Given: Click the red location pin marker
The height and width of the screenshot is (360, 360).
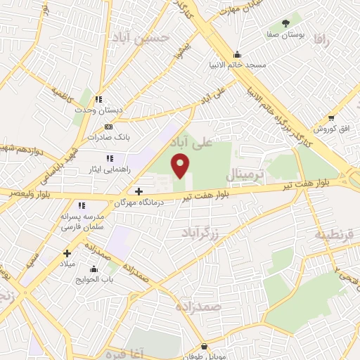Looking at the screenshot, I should pyautogui.click(x=181, y=166).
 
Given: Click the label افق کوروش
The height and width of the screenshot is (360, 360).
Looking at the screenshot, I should pyautogui.click(x=327, y=129).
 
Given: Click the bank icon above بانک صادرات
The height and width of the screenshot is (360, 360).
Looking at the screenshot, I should pyautogui.click(x=108, y=127).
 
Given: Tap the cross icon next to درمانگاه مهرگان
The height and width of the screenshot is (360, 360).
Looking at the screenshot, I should pyautogui.click(x=139, y=191).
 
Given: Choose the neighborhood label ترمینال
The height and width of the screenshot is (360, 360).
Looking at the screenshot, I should pyautogui.click(x=244, y=173).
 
